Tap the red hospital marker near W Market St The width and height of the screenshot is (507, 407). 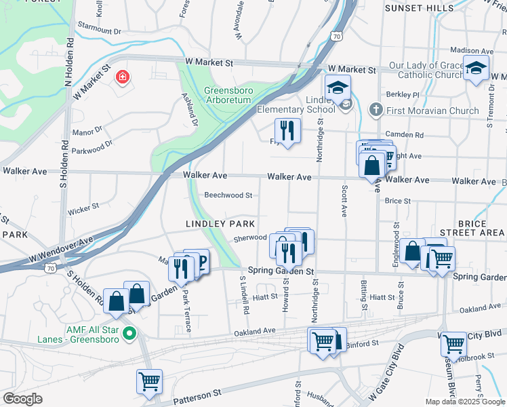pos(122,78)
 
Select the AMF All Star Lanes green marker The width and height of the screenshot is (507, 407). pos(131,333)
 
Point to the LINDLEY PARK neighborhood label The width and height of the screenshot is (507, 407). pos(220,224)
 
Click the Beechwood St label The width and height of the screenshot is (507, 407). pos(228,195)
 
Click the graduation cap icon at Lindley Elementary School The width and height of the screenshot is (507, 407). pos(338,87)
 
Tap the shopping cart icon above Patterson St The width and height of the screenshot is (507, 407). pos(148,381)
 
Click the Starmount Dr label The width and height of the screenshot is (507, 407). pos(99,31)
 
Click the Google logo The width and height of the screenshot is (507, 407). pos(22,399)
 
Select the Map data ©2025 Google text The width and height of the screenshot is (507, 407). pos(464,402)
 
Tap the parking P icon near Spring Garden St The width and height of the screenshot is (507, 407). pos(201,260)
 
